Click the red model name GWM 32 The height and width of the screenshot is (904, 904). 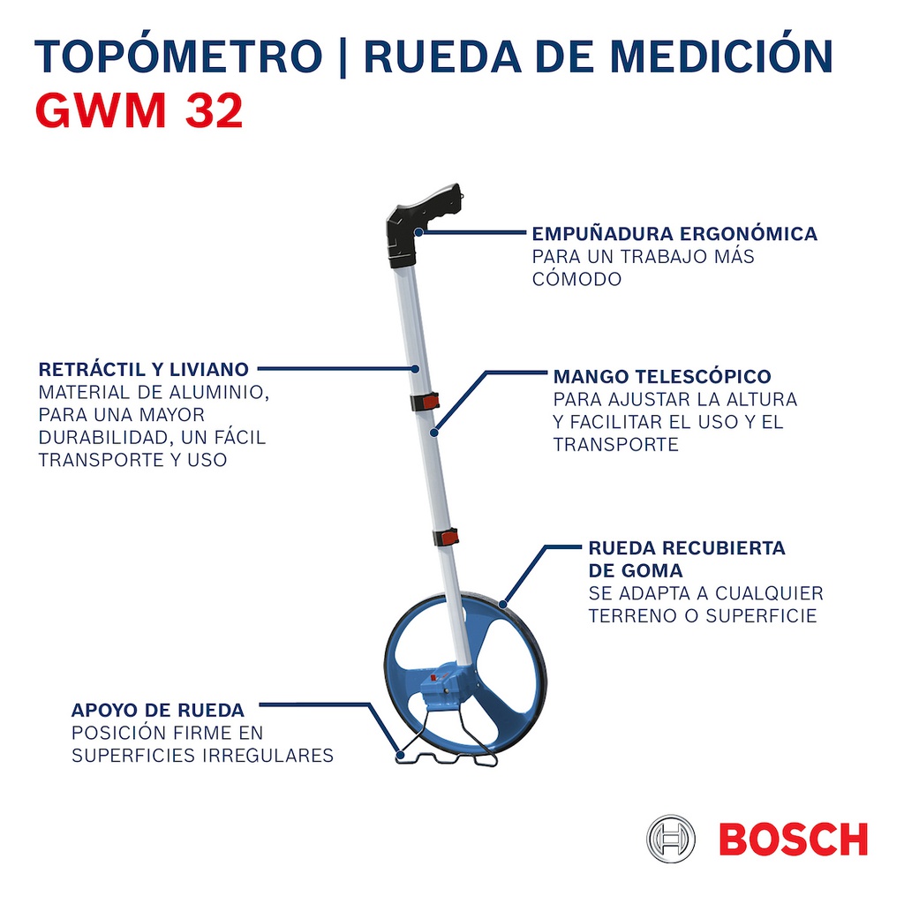point(139,110)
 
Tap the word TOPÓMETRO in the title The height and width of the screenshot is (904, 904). point(178,56)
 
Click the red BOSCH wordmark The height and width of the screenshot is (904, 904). point(794,839)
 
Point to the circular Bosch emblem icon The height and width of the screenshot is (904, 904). point(671,839)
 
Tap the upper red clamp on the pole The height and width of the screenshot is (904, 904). point(426,402)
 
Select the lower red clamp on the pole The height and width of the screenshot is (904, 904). point(446,538)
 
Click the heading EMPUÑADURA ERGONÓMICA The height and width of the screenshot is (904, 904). point(674,234)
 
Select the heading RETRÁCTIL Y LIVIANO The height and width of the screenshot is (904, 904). point(144,369)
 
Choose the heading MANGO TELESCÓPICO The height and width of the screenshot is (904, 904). point(662,376)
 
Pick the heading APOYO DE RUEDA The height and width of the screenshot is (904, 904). point(158,710)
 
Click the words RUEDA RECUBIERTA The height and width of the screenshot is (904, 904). point(687,547)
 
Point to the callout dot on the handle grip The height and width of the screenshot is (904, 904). point(418,232)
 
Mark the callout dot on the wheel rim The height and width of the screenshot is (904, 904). point(502,604)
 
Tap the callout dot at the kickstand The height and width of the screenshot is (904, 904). point(400,754)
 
